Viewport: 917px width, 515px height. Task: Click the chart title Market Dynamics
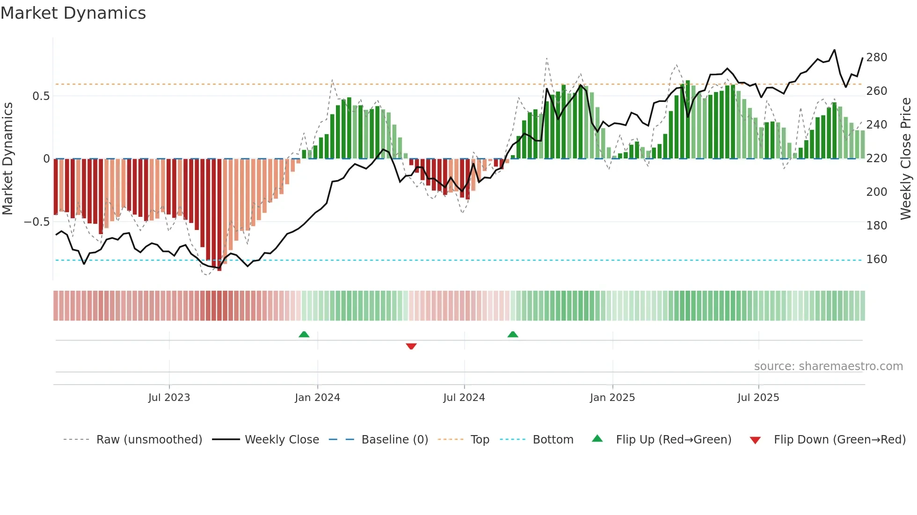[73, 13]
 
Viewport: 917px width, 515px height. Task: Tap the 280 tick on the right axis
[876, 57]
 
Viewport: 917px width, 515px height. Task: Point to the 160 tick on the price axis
[876, 259]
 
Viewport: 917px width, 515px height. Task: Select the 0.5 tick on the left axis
[41, 96]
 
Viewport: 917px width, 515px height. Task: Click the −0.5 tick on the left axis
[37, 222]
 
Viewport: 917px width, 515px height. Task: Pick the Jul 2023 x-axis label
[169, 398]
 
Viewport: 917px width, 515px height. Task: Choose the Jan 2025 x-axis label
[612, 398]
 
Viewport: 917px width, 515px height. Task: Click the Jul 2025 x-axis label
[758, 398]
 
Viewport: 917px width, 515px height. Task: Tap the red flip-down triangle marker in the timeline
[411, 346]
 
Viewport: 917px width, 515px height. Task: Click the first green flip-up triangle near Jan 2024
[304, 334]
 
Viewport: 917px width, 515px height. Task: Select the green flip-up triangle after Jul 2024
[513, 334]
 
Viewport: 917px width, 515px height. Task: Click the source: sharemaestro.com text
[828, 366]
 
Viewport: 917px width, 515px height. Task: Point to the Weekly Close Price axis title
[906, 159]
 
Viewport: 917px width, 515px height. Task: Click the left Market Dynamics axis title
[7, 159]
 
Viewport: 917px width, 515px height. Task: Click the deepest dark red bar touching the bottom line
[219, 215]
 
